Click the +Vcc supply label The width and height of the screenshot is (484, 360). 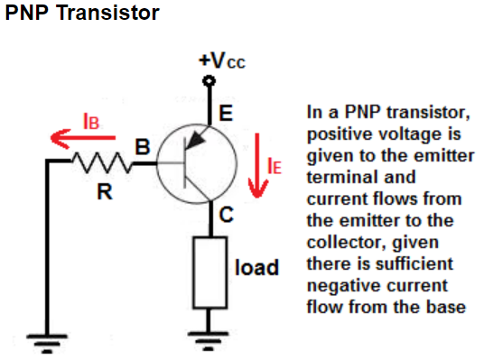pos(222,60)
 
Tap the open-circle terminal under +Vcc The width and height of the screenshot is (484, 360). pos(209,81)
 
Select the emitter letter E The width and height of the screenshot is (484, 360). pos(226,113)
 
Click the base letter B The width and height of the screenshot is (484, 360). pos(143,146)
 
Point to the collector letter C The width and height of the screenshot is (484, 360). pos(227,215)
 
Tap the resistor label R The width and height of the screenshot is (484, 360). pos(105,191)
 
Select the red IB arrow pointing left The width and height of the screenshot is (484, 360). pos(83,139)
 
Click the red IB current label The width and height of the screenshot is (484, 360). pos(91,121)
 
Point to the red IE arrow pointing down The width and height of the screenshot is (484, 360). pos(257,165)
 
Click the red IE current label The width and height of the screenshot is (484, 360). pos(275,166)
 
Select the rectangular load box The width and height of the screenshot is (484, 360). pos(210,272)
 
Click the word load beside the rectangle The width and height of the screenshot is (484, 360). pos(256,267)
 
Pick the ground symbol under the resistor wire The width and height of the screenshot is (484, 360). pos(47,344)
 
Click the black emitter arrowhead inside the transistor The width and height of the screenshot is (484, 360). pos(195,142)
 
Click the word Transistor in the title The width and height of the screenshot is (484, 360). pos(108,13)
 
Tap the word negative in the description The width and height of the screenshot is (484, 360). pos(340,286)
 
